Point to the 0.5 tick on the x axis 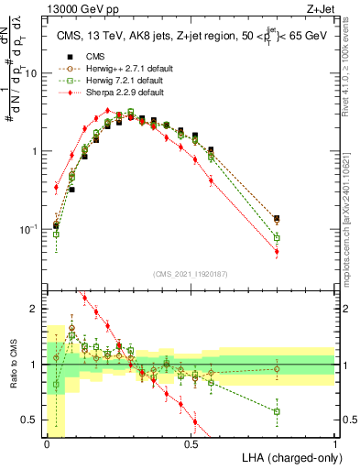[191, 442]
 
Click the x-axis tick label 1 [335, 442]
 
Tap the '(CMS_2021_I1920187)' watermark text [190, 275]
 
